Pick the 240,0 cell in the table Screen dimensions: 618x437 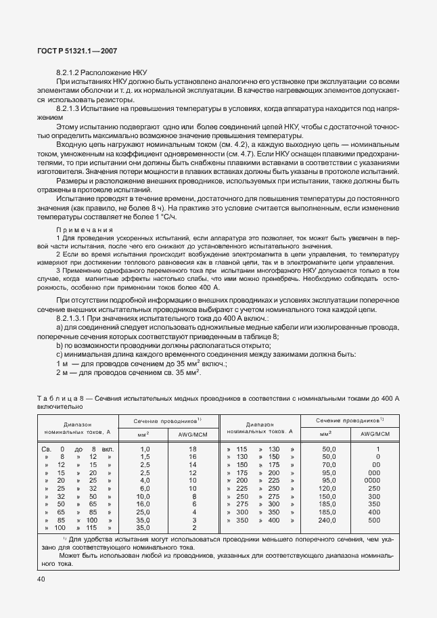tap(329, 520)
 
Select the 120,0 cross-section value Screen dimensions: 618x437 tap(329, 488)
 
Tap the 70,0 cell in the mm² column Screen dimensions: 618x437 tap(329, 465)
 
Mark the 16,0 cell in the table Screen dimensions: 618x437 tap(145, 504)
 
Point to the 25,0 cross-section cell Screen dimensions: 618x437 tap(145, 512)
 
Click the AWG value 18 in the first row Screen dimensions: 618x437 tap(193, 449)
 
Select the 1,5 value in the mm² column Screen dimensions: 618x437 tap(145, 457)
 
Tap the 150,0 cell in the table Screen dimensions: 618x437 tap(329, 496)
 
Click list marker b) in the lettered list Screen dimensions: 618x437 tap(60, 346)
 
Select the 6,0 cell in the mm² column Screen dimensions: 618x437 tap(145, 488)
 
